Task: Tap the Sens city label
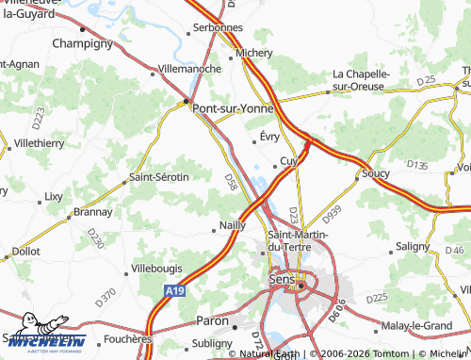coord(282,280)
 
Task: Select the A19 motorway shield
coord(171,293)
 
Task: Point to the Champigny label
coord(83,43)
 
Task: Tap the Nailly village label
coord(232,225)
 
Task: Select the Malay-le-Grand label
coord(420,325)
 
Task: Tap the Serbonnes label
coord(219,28)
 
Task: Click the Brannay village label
coord(92,212)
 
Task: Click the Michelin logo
coord(43,342)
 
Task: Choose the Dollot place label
coord(24,252)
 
